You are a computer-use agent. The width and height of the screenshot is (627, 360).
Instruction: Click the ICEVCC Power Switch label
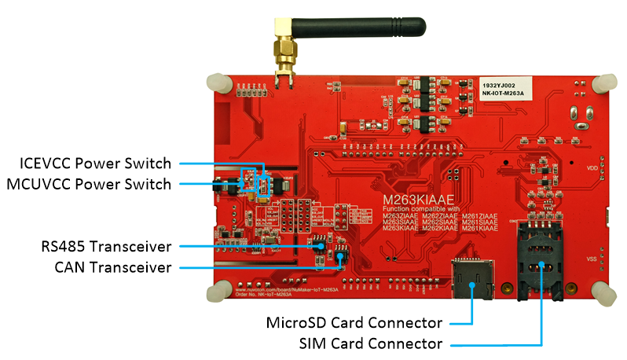(x=95, y=163)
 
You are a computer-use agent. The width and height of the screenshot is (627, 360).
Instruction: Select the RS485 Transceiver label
(x=105, y=246)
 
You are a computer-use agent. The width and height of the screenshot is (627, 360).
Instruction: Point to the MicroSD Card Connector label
(x=354, y=323)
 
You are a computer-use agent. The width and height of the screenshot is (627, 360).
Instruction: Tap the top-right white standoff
(x=605, y=83)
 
